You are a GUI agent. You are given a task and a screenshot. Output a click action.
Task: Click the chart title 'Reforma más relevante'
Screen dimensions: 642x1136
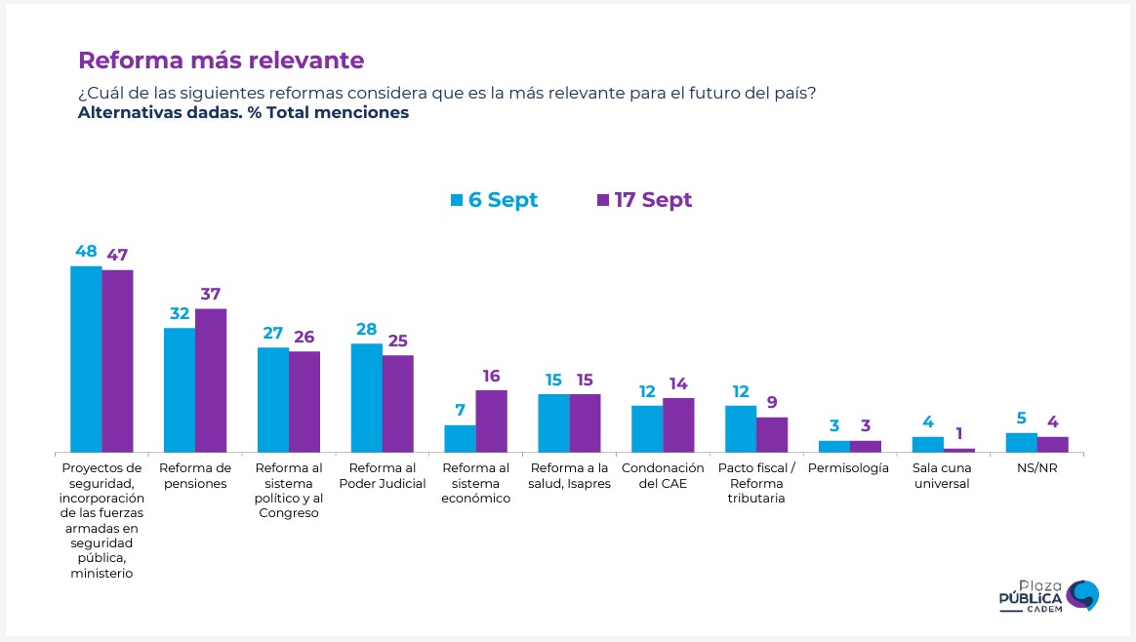tap(221, 60)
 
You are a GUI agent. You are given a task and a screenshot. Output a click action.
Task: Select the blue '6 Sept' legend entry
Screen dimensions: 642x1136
tap(494, 200)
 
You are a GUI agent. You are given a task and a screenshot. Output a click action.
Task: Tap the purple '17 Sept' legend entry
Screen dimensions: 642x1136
tap(643, 200)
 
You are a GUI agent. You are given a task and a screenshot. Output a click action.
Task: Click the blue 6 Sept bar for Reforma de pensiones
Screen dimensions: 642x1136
tap(180, 389)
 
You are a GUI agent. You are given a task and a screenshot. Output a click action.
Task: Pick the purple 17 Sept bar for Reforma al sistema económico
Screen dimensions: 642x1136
tap(491, 421)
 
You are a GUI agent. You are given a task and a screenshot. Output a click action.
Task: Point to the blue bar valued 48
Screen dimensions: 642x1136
tap(86, 358)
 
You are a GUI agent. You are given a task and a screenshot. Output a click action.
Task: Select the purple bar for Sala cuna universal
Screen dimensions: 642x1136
tap(959, 450)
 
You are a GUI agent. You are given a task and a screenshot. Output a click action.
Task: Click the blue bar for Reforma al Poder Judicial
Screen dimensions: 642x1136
tap(366, 397)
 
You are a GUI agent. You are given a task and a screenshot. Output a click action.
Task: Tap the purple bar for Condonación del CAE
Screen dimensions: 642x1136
tap(678, 424)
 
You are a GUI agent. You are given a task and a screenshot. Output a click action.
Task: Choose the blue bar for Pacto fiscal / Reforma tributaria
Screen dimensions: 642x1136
tap(741, 428)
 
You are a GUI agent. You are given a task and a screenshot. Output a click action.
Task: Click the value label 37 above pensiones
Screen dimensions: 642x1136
tap(211, 295)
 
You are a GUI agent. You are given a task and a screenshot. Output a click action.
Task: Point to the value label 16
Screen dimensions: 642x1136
tap(491, 377)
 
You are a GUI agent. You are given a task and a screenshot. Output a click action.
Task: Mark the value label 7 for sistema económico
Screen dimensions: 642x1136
tap(460, 412)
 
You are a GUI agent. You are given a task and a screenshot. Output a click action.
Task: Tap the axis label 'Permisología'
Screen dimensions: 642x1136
tap(848, 468)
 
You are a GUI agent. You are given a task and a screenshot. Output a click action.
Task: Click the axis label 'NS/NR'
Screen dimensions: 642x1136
tap(1035, 468)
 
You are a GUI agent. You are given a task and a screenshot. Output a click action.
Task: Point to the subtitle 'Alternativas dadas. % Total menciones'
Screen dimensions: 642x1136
tap(243, 112)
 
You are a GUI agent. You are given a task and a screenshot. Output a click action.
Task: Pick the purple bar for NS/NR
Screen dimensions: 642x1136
tap(1053, 444)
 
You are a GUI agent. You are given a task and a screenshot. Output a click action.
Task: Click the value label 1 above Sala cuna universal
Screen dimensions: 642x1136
tap(959, 434)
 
